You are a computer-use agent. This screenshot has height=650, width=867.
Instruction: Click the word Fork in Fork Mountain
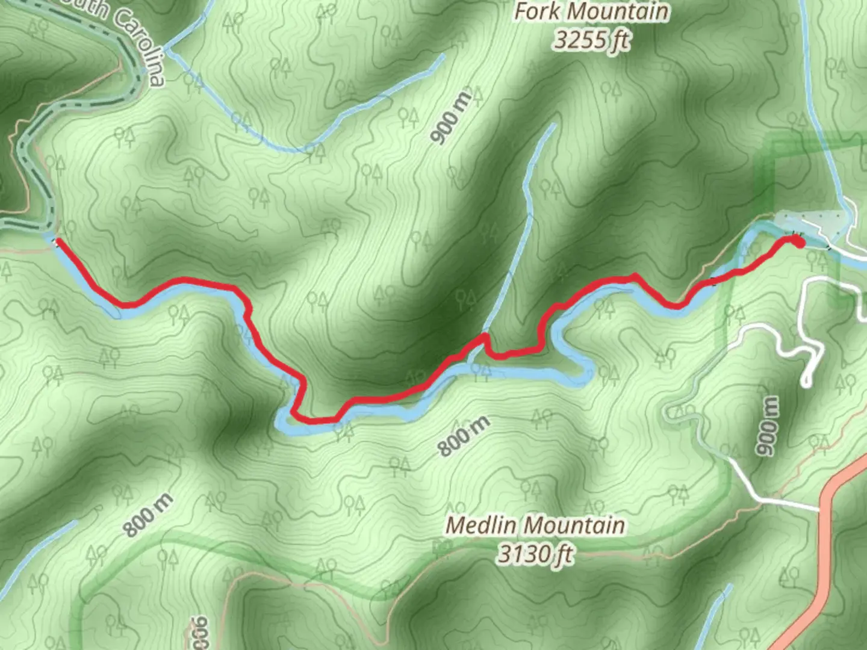pyautogui.click(x=535, y=13)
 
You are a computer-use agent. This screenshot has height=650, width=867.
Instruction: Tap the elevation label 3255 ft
pyautogui.click(x=591, y=40)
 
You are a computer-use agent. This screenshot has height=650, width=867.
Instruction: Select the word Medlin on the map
pyautogui.click(x=480, y=525)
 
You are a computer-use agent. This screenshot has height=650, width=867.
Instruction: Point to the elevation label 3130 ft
pyautogui.click(x=535, y=554)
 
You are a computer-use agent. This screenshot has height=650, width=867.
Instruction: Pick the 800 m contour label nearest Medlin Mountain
pyautogui.click(x=463, y=436)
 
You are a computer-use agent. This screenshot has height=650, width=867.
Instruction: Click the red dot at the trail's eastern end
pyautogui.click(x=797, y=241)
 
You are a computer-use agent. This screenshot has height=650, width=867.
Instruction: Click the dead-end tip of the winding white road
pyautogui.click(x=806, y=382)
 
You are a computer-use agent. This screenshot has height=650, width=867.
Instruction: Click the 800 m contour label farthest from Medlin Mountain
pyautogui.click(x=148, y=515)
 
